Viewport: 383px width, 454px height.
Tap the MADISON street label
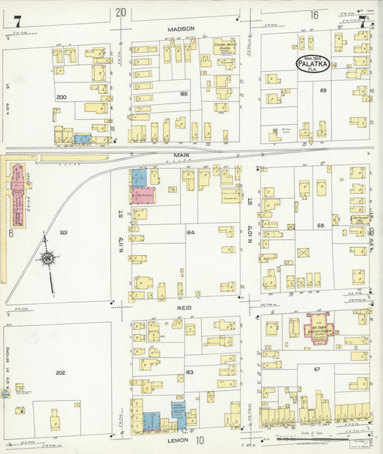point(181,29)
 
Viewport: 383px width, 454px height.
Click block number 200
point(61,96)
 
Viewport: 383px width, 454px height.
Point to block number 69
point(323,91)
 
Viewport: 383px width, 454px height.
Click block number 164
point(190,232)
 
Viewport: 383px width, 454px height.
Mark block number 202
point(60,372)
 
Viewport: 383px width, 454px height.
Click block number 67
point(316,369)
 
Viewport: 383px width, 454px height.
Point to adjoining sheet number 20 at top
point(120,12)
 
